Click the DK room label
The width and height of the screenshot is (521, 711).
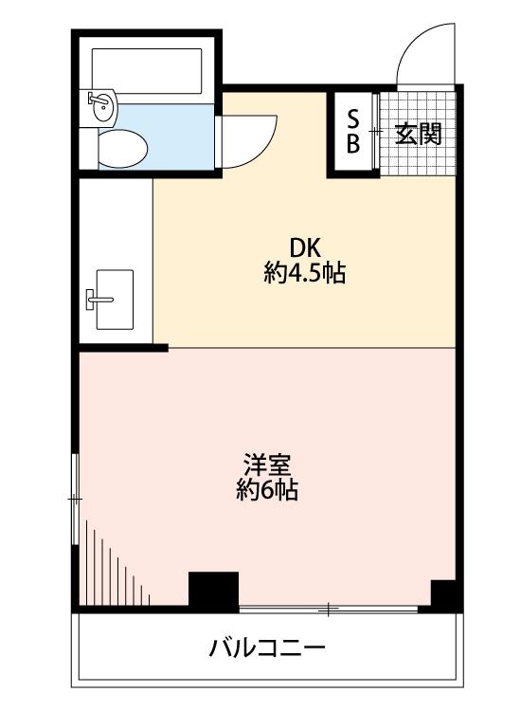point(305,248)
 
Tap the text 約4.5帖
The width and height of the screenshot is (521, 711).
point(305,273)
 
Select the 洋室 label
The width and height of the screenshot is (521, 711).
point(267,465)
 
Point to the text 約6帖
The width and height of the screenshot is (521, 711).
point(267,489)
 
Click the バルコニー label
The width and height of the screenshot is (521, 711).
point(267,647)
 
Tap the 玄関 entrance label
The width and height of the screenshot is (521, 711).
point(418,134)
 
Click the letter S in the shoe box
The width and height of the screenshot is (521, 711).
point(353,120)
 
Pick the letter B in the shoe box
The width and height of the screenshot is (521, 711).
point(353,143)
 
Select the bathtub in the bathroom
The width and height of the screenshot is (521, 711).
point(147,71)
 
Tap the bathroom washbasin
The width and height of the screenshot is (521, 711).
point(103,105)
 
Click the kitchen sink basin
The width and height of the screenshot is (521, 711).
point(115,300)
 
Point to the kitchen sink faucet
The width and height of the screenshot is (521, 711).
point(99,300)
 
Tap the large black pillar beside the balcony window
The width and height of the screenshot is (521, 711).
point(213,592)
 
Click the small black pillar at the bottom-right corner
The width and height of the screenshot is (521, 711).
point(443,595)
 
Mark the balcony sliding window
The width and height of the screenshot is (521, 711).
point(329,611)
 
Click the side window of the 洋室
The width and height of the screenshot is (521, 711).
point(75,499)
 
